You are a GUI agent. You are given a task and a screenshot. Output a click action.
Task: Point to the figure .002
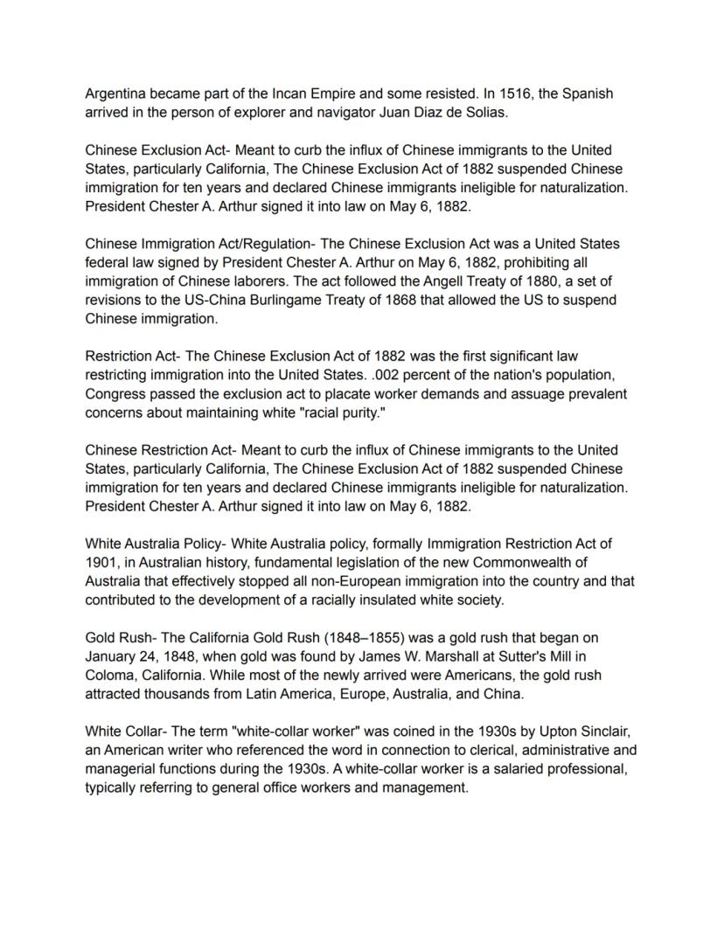pos(379,376)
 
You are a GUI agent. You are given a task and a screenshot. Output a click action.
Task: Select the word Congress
pos(115,394)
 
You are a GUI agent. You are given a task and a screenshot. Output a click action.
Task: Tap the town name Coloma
pos(110,676)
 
